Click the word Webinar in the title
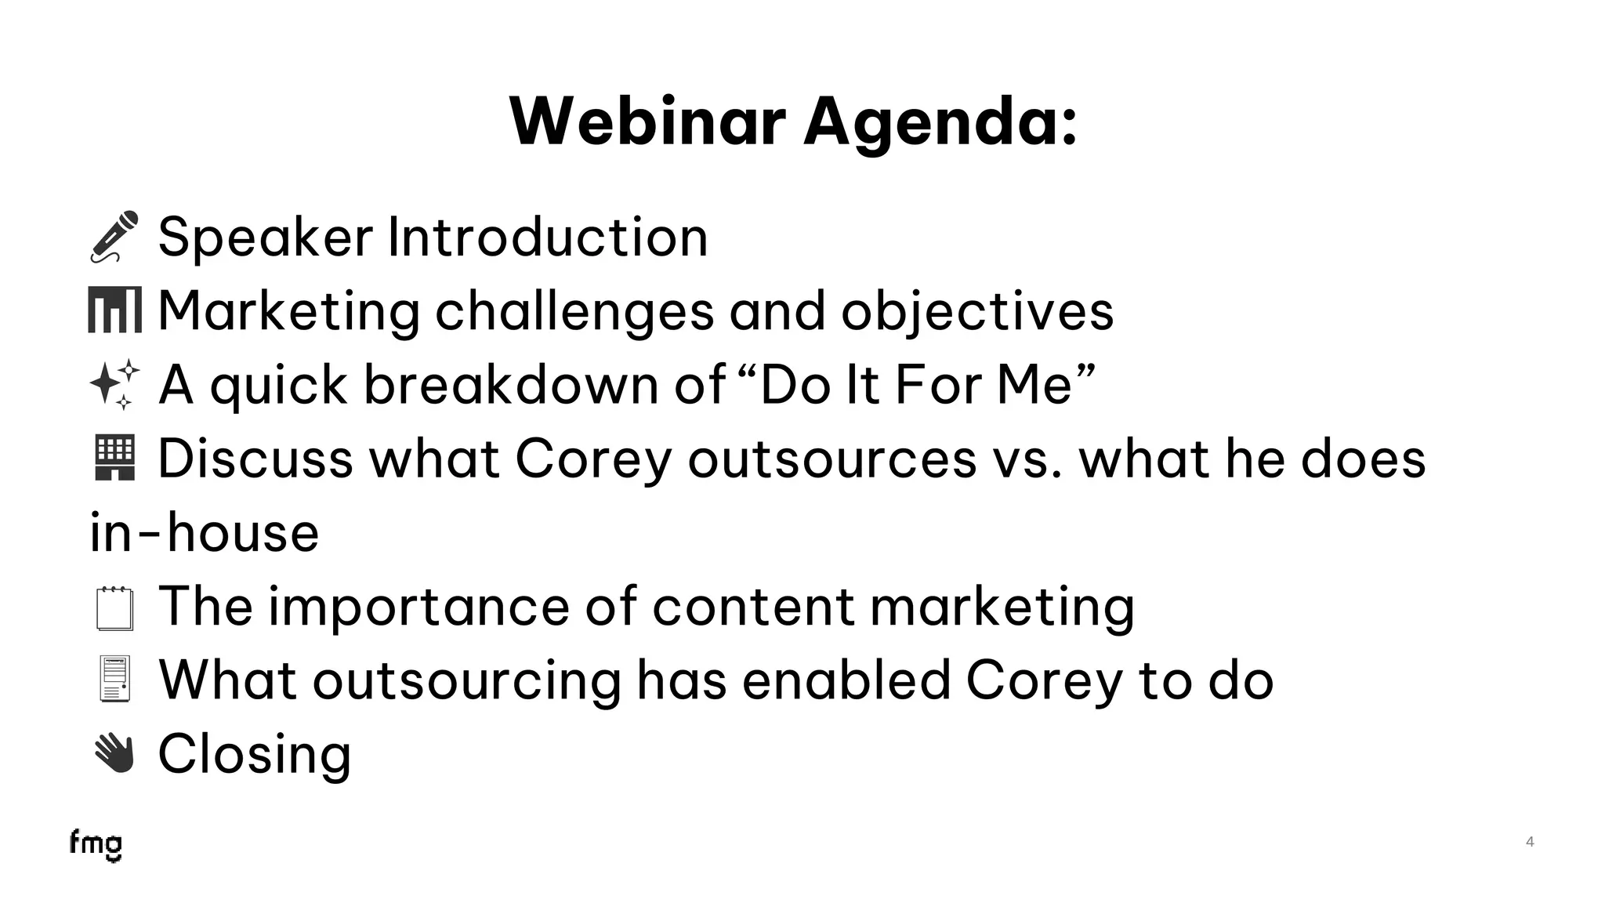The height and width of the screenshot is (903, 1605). pos(647,121)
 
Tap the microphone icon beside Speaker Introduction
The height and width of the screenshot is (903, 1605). pos(114,236)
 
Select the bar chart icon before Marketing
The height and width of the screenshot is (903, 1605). pos(114,310)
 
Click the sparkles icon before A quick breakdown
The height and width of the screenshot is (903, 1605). pos(114,384)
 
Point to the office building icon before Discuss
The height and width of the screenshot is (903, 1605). pos(114,458)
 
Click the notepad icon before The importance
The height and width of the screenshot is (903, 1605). pos(114,608)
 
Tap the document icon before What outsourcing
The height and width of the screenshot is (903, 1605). pos(114,679)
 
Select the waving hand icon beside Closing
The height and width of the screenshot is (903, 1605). pos(114,753)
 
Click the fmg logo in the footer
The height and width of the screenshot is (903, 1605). pos(96,845)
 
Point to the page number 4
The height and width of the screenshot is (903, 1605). pos(1530,842)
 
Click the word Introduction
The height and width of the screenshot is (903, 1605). pos(548,237)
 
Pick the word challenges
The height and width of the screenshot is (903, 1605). pos(574,311)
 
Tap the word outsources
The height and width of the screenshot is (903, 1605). pos(832,459)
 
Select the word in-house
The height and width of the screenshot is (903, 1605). pos(205,532)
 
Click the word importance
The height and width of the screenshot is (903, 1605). pos(418,607)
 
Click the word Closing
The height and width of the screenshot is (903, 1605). pos(255,754)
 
